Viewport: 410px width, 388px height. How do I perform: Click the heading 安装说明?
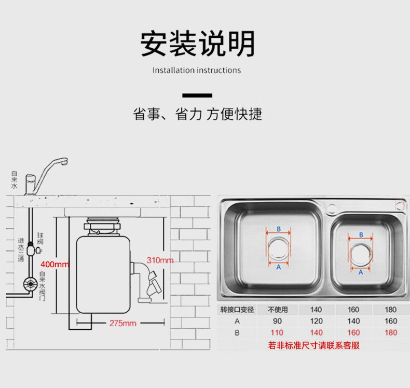coord(198,44)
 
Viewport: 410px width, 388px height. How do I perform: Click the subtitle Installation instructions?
coord(197,70)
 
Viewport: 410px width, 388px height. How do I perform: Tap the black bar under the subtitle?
coord(198,95)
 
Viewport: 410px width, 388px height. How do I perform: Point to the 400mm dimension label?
coord(55,265)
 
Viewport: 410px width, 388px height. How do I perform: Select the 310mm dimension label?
coord(160,260)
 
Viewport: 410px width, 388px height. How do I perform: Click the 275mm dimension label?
coord(122,323)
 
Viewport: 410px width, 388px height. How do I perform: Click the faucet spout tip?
coord(64,163)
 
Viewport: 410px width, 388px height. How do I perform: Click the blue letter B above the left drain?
coord(278,229)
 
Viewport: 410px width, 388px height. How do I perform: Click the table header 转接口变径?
coord(237,310)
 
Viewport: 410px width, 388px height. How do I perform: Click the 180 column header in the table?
coord(391,310)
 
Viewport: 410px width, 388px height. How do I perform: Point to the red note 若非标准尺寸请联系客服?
coord(314,345)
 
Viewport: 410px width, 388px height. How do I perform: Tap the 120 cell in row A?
coord(317,321)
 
